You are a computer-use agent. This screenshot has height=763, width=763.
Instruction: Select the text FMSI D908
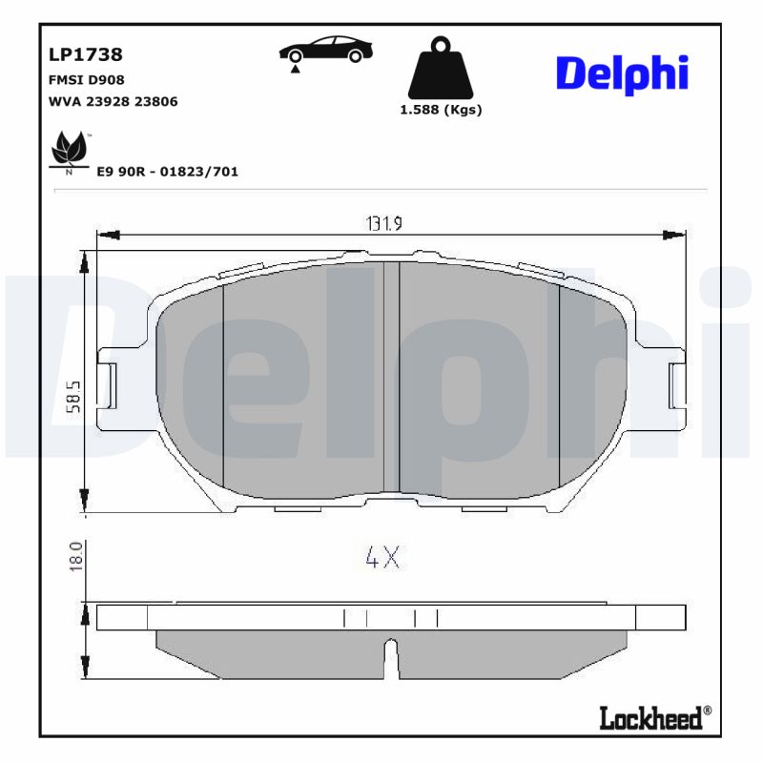click(x=86, y=80)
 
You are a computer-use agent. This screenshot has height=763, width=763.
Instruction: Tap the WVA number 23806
click(x=157, y=101)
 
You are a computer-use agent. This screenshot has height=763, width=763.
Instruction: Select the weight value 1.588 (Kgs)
click(x=440, y=110)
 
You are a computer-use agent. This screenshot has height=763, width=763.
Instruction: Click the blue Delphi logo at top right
click(x=621, y=73)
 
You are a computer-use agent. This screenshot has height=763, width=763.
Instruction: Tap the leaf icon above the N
click(x=68, y=148)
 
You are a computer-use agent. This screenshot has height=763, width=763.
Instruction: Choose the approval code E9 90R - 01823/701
click(x=168, y=172)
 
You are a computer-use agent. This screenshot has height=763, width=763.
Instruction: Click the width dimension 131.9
click(x=385, y=223)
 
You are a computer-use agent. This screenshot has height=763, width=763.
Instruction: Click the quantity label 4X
click(x=382, y=557)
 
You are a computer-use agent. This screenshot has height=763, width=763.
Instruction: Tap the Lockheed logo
click(x=654, y=717)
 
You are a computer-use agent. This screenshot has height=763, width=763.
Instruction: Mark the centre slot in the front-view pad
click(x=391, y=377)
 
